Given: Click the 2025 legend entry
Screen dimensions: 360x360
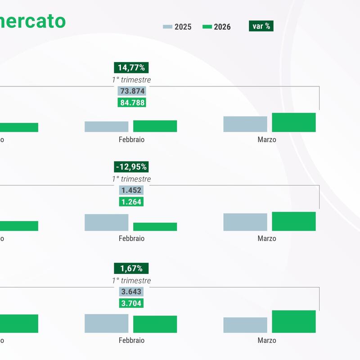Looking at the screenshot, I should (x=177, y=27).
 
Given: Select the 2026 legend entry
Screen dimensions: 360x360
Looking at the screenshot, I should (x=216, y=27).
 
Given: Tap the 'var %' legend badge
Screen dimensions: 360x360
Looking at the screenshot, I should (x=261, y=26).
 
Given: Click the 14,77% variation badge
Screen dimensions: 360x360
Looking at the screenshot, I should (x=131, y=68).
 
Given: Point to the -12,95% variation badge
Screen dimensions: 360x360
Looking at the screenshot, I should (x=131, y=167).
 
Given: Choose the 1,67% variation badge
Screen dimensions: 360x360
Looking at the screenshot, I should (x=131, y=269).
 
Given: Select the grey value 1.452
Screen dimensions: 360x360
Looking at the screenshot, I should (x=131, y=190).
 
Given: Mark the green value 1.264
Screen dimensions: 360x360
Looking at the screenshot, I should (x=131, y=202).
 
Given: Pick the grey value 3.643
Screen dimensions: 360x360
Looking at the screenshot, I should (x=131, y=292).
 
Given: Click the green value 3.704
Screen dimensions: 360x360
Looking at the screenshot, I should (x=131, y=303).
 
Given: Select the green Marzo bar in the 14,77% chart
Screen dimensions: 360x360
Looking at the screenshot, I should (x=294, y=122).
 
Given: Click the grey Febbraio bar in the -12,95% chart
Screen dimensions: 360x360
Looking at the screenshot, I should (x=106, y=222).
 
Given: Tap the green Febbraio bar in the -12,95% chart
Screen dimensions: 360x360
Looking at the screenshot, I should (x=155, y=227).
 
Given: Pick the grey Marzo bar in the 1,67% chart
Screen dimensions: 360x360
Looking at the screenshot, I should (x=245, y=325).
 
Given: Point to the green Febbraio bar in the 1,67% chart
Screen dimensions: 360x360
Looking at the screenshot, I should (x=155, y=324).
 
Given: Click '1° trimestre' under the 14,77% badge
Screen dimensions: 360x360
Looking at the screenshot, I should (x=131, y=80).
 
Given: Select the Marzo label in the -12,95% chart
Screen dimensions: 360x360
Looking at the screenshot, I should (x=267, y=238).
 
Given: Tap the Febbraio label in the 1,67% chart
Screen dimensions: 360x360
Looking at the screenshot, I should (x=131, y=340).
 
